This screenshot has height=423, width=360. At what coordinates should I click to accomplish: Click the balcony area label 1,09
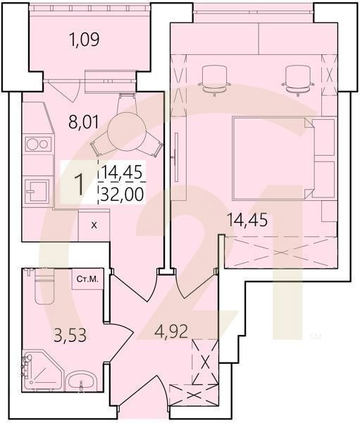click(x=84, y=39)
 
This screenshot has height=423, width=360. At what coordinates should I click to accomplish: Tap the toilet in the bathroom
click(x=44, y=286)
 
